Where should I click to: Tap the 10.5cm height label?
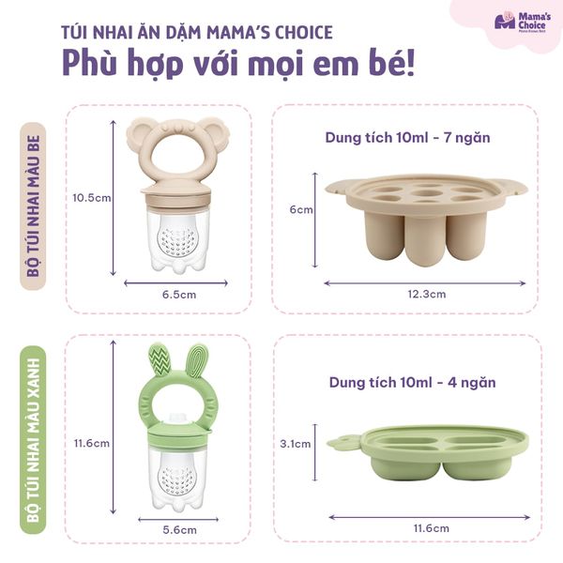click(x=91, y=198)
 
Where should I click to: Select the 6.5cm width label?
click(x=179, y=294)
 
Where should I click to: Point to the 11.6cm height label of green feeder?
click(x=91, y=442)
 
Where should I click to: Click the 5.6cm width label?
click(x=179, y=529)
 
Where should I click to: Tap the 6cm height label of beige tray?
click(x=300, y=209)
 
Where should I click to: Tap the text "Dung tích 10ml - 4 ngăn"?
click(x=409, y=382)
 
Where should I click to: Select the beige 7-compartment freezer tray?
click(x=426, y=211)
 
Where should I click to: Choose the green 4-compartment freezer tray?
click(x=427, y=452)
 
